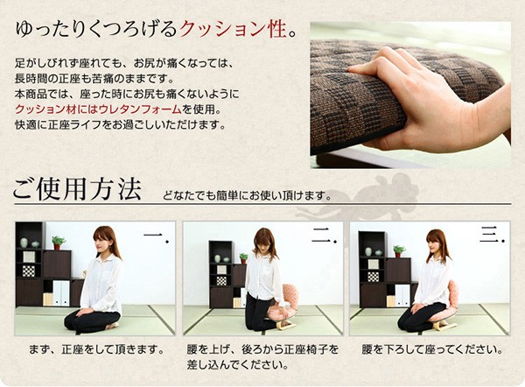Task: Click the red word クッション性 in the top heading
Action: click(233, 30)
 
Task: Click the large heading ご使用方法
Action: click(77, 189)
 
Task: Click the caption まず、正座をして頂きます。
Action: click(96, 350)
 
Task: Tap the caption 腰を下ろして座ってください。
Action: click(432, 350)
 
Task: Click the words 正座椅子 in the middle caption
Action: click(306, 350)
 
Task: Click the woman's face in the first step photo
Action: click(100, 241)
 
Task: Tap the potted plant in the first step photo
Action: click(59, 243)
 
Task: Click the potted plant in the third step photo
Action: click(399, 251)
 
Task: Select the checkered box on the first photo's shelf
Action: click(29, 271)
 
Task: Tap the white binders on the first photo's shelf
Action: click(61, 293)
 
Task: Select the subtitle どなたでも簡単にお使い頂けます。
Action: click(247, 195)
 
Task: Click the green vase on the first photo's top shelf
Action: click(24, 243)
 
